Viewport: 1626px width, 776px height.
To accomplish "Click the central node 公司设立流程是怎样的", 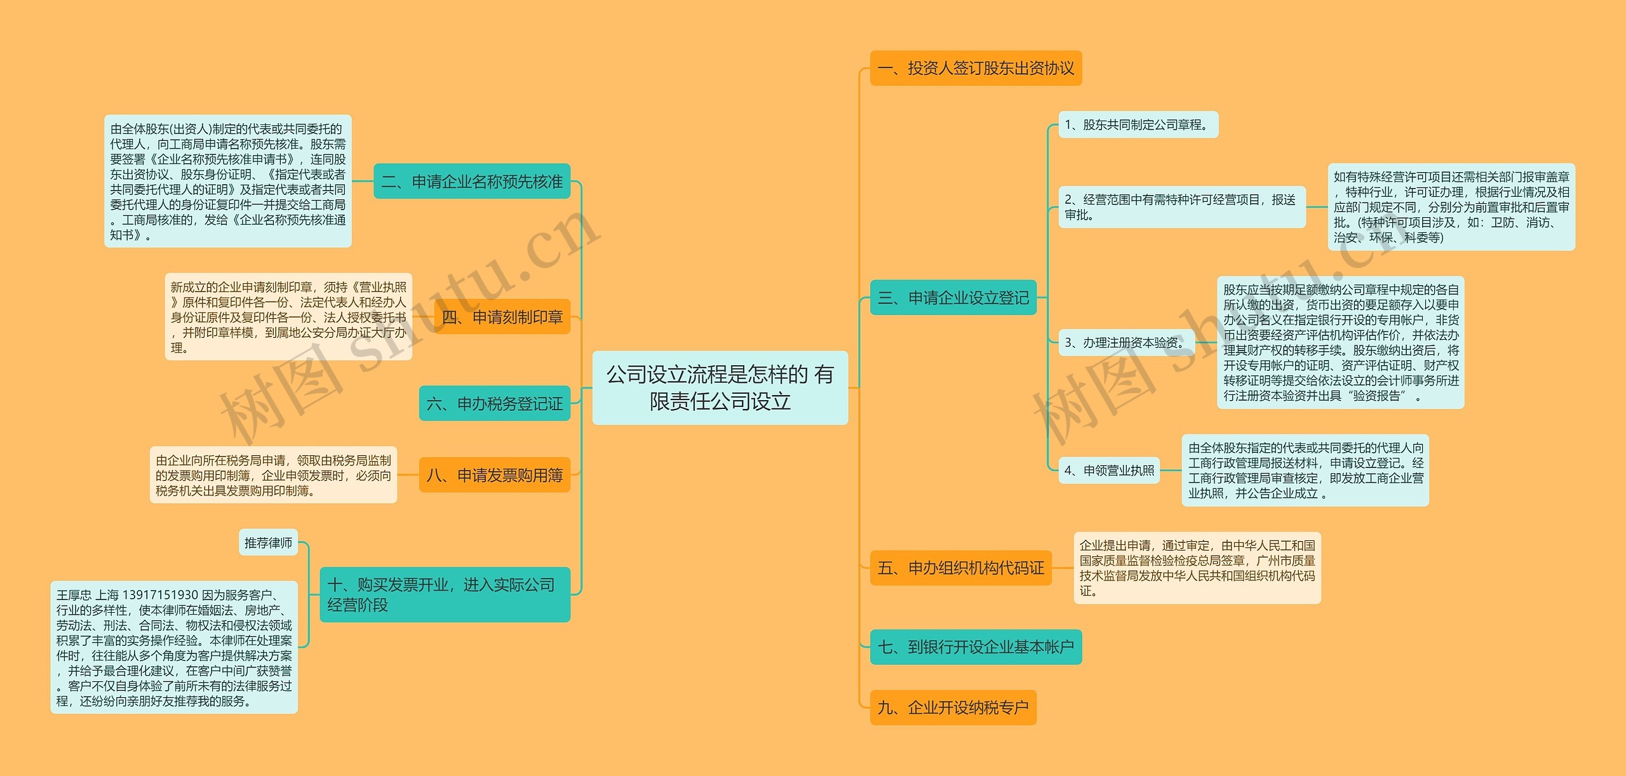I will (720, 387).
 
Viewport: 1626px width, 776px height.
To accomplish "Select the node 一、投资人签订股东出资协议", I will (976, 68).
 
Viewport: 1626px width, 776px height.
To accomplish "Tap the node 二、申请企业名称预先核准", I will (472, 182).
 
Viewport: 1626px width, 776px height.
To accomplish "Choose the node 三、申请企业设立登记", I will (953, 297).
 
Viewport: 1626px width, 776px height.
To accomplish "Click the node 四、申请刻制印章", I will (502, 317).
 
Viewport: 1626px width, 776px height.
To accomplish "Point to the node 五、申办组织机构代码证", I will (960, 568).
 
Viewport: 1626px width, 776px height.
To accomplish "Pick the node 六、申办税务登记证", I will (494, 403).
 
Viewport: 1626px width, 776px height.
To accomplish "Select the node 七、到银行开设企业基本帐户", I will (976, 647).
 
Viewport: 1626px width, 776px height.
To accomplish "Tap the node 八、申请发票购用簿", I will (494, 475).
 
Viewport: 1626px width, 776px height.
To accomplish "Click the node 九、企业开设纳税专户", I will (953, 707).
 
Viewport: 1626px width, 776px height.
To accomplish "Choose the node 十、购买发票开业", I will (445, 594).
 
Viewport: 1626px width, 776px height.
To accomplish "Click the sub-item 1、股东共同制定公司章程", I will (1138, 124).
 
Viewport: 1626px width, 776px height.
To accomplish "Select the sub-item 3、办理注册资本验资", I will (1126, 343).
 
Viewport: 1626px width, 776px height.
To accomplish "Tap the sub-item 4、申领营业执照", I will (1109, 471).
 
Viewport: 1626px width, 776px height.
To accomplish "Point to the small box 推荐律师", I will (268, 543).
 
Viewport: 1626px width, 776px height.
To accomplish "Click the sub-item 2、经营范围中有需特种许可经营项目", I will (1181, 207).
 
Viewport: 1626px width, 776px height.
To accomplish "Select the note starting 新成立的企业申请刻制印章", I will (288, 317).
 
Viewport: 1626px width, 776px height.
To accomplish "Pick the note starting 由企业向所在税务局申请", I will (273, 475).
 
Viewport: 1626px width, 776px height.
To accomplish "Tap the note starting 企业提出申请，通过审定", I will (1197, 568).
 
